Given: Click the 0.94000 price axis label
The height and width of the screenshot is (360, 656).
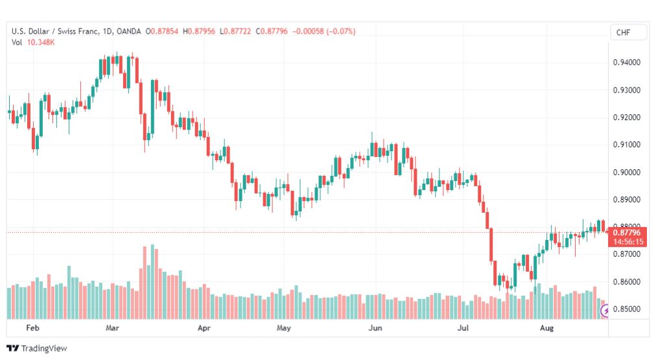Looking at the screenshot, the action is (626, 62).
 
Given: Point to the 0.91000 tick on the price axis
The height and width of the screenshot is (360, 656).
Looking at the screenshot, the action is (626, 145).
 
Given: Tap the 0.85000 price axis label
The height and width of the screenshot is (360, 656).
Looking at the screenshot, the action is (626, 309).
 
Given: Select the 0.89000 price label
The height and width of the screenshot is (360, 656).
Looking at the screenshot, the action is (626, 200).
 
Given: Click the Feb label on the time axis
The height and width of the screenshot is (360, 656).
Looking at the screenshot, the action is (32, 328).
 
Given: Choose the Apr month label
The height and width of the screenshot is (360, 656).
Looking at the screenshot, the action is (204, 328).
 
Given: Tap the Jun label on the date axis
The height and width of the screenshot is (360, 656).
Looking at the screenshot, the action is (375, 328).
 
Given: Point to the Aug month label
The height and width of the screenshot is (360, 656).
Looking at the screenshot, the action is (546, 328).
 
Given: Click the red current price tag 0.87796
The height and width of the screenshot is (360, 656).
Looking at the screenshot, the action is (627, 233).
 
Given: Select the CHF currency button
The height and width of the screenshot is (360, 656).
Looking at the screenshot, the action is (624, 32).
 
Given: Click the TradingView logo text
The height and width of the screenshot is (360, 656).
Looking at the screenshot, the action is (44, 348).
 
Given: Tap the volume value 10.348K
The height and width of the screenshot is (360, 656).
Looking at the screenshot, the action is (41, 42).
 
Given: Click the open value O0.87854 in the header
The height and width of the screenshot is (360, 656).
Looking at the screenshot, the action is (161, 31).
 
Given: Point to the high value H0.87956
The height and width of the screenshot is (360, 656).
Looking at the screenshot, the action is (199, 31).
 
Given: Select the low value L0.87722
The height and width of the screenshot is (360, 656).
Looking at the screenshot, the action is (235, 31).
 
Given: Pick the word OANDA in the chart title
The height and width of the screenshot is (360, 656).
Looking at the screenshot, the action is (128, 31).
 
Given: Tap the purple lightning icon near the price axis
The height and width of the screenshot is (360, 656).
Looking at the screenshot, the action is (605, 311).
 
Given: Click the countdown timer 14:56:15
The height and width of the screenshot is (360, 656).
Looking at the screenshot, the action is (628, 242).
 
